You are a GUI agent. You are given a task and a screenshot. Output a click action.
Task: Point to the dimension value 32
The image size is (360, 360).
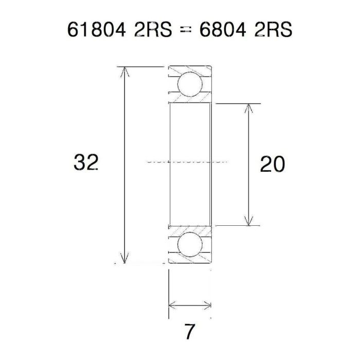[86, 164]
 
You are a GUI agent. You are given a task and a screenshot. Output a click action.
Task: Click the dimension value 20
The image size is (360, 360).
[272, 165]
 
